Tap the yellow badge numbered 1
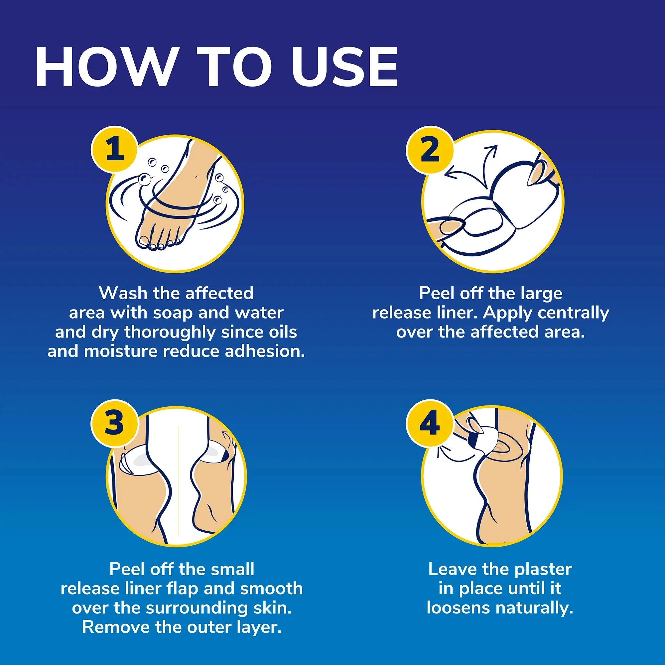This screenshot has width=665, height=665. coord(115,150)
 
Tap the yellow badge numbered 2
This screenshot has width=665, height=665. coord(430,150)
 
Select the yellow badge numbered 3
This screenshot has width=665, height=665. coord(115,423)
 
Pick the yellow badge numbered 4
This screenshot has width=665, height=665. coord(430,423)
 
